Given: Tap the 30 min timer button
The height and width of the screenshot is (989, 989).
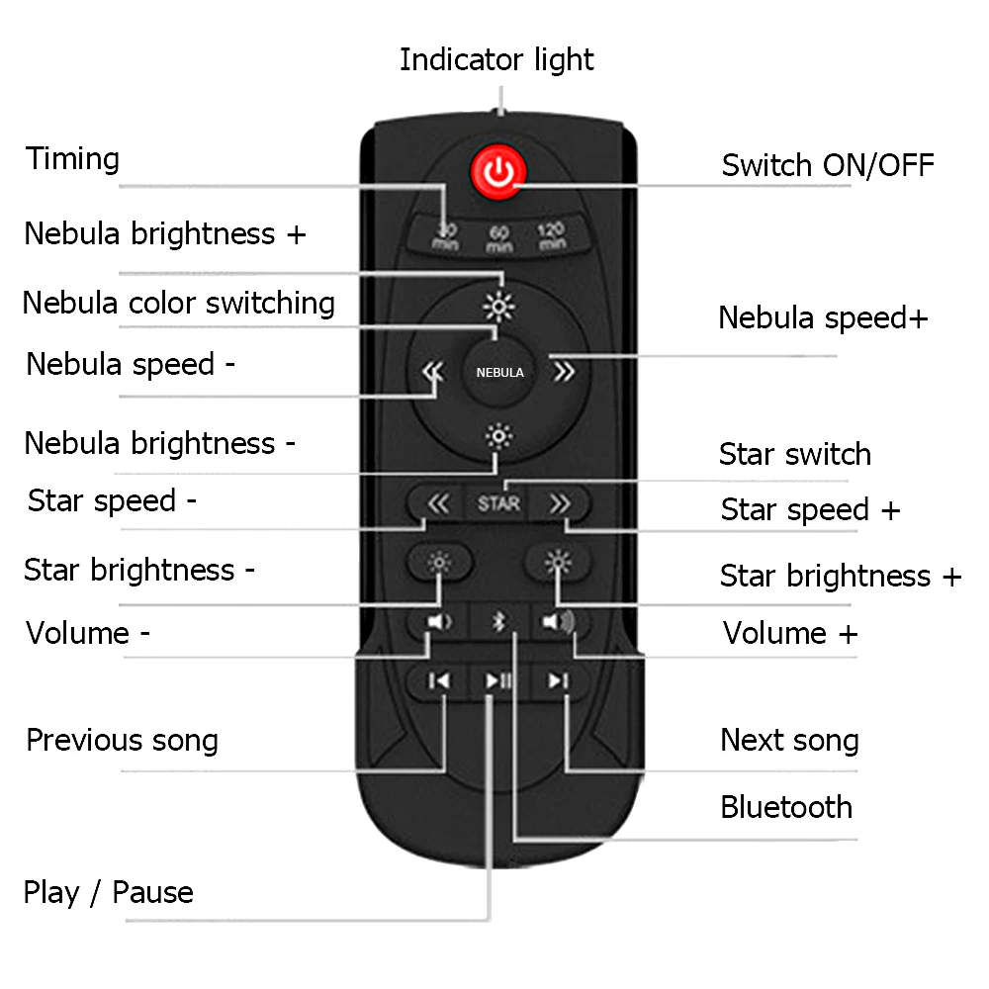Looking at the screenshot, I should click(x=446, y=236).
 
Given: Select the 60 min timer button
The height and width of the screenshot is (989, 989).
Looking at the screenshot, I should click(x=499, y=238).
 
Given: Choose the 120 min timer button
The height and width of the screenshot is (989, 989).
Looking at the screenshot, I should click(x=551, y=236).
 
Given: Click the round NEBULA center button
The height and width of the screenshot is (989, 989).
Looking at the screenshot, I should click(x=499, y=373).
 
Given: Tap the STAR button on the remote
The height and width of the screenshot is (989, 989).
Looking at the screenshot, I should click(x=498, y=503).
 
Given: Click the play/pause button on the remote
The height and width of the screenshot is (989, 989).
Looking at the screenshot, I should click(x=497, y=680).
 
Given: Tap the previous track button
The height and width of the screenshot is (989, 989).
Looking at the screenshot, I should click(x=440, y=680).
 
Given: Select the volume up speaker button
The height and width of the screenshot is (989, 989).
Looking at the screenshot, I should click(x=558, y=622).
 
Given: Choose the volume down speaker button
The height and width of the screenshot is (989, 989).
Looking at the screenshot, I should click(x=439, y=622).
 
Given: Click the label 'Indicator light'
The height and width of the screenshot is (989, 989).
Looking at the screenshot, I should click(x=496, y=59).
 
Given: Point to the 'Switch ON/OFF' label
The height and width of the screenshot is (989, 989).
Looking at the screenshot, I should click(x=827, y=164).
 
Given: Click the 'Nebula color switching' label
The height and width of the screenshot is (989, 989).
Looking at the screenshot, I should click(x=179, y=303).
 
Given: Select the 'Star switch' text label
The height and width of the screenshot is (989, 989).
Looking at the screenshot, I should click(x=795, y=455).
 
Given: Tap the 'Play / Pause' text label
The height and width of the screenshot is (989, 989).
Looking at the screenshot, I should click(x=109, y=893).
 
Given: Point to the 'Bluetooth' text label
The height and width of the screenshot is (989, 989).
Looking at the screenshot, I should click(x=786, y=807).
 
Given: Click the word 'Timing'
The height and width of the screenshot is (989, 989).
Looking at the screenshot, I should click(x=72, y=159).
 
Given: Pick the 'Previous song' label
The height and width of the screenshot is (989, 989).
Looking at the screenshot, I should click(x=122, y=741).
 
